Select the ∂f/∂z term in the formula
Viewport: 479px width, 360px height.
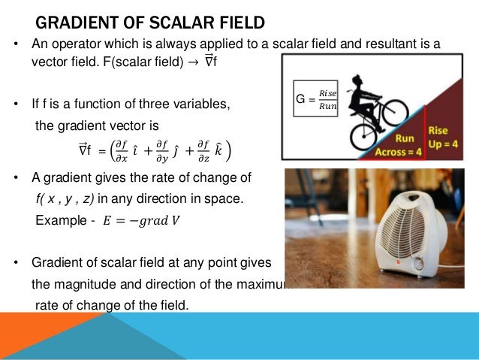205,150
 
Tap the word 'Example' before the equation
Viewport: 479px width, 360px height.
61,220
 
